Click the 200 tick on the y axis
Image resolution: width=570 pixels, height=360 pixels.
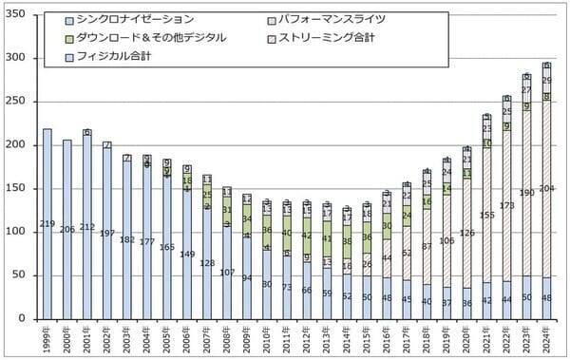tap(18, 145)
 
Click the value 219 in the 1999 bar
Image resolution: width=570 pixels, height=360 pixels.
tap(47, 223)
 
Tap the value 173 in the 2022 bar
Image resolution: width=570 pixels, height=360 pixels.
tap(506, 205)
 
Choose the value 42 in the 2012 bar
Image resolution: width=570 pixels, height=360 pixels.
tap(307, 235)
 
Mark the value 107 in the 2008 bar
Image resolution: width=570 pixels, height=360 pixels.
tap(227, 273)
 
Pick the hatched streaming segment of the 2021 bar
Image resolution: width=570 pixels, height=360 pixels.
tap(486, 215)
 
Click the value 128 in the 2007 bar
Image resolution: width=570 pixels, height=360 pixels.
tap(207, 263)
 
